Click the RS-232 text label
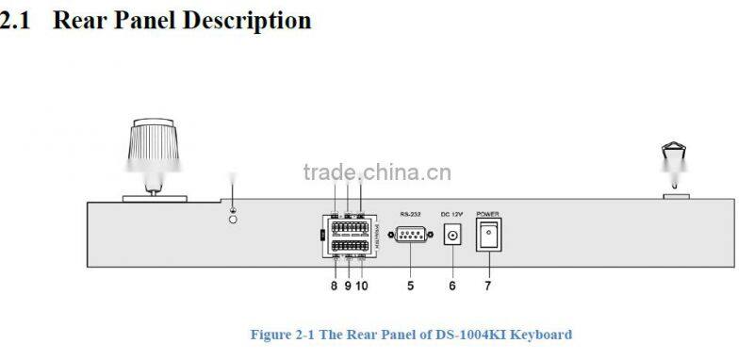(x=410, y=214)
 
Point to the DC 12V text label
(x=453, y=214)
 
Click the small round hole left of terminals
(x=234, y=219)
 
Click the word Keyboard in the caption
(x=543, y=335)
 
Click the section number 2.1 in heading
(x=18, y=20)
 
